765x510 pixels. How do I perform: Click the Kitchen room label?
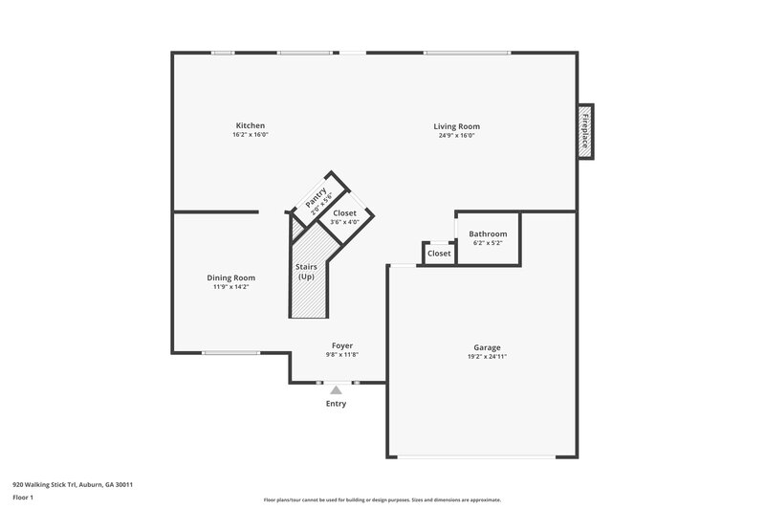(251, 125)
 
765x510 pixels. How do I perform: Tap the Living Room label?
(456, 125)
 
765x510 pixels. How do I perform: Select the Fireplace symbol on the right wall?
(585, 131)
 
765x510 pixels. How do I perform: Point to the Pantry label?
(316, 199)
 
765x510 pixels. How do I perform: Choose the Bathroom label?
(488, 233)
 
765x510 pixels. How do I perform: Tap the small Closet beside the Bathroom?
(439, 254)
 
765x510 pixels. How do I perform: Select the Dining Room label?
(231, 277)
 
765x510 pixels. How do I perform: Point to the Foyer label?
(342, 345)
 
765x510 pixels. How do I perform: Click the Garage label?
(487, 347)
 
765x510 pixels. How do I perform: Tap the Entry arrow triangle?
(336, 389)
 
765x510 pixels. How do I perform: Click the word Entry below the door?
(336, 404)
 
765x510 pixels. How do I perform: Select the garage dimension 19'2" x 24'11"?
(487, 357)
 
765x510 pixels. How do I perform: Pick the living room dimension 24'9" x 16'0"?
(456, 135)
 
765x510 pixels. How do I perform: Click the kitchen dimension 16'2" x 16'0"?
(251, 135)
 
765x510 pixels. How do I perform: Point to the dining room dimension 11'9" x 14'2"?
(231, 287)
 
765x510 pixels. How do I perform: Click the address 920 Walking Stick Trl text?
(72, 484)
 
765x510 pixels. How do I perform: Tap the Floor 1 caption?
(23, 498)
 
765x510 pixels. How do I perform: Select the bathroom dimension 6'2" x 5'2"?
(488, 243)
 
